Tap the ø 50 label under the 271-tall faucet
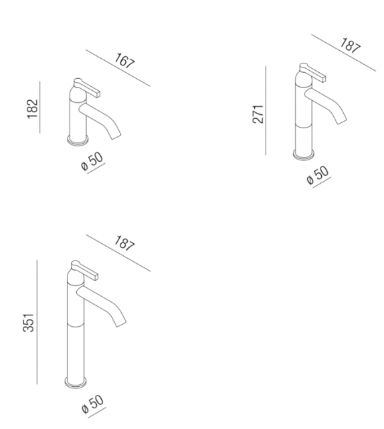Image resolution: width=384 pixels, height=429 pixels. (317, 176)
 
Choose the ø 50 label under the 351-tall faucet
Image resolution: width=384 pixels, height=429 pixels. (92, 404)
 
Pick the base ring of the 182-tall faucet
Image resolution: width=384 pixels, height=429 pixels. (78, 140)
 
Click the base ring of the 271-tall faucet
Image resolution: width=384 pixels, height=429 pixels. (304, 156)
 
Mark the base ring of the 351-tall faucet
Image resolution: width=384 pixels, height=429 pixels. (76, 384)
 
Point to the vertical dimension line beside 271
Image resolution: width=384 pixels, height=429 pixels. (266, 110)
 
